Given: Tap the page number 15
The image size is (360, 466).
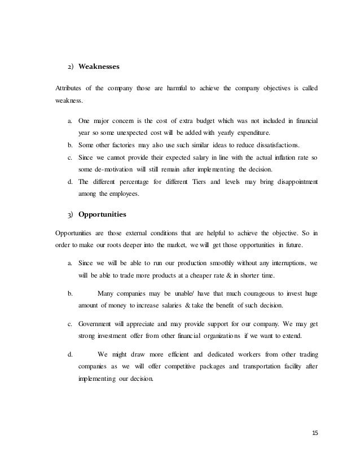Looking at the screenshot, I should coord(314,433).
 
